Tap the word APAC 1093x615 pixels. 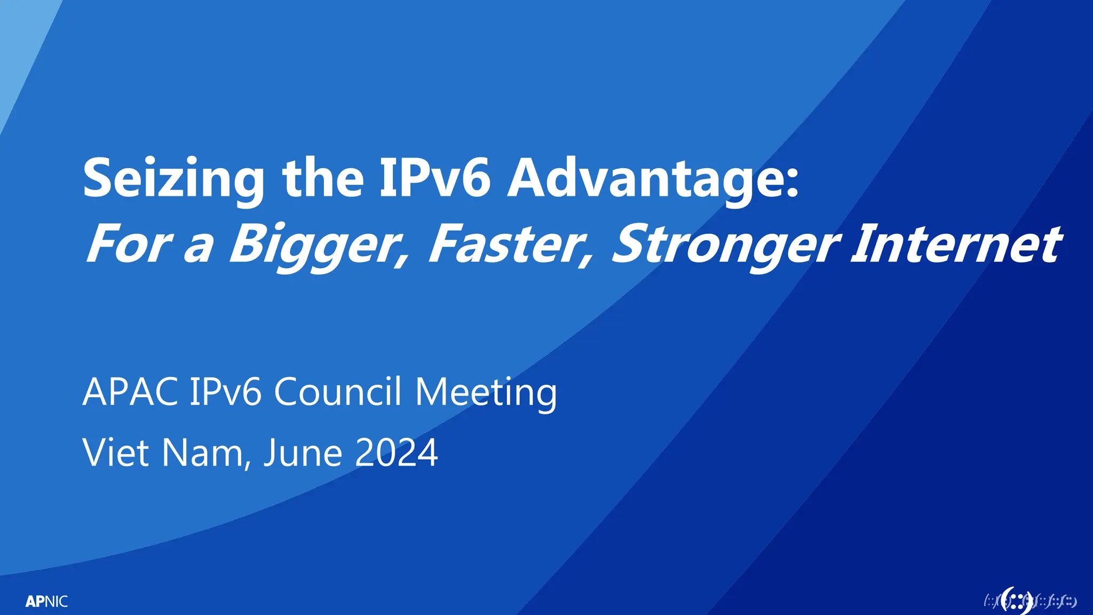(130, 392)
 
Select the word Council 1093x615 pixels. (337, 392)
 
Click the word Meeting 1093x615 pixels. (486, 393)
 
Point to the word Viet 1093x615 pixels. (116, 453)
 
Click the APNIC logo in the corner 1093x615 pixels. (47, 602)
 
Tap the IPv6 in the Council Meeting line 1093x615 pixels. (226, 392)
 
